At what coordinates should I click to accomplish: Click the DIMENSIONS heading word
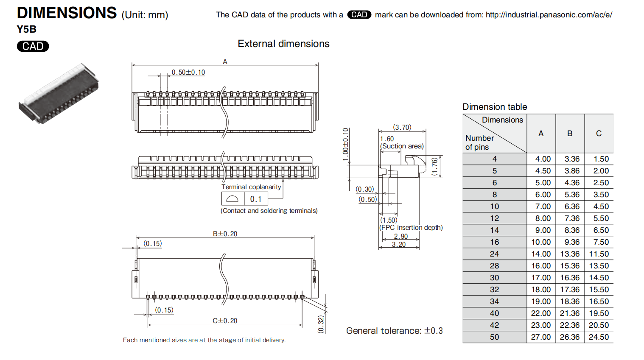pos(67,13)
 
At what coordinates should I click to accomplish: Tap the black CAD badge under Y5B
pos(33,46)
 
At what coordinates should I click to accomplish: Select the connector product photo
pos(59,94)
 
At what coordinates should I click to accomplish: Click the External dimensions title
pos(283,44)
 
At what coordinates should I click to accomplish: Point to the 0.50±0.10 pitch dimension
pos(188,73)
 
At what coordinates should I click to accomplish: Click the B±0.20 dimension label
pos(225,234)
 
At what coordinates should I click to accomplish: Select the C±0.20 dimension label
pos(225,321)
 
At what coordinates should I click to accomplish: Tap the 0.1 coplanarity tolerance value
pos(256,199)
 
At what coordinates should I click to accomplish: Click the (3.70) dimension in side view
pos(402,127)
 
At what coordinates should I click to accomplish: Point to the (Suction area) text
pos(402,146)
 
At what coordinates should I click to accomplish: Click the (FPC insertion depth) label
pos(411,227)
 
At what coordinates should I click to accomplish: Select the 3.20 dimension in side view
pos(399,244)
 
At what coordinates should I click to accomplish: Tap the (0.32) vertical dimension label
pos(321,324)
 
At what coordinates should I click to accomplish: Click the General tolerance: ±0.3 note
pos(394,331)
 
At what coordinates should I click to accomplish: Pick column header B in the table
pos(570,134)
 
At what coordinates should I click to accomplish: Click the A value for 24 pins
pos(541,254)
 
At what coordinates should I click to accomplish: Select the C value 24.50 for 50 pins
pos(599,337)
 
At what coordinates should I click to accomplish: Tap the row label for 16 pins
pos(495,242)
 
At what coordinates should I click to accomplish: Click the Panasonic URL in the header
pos(549,15)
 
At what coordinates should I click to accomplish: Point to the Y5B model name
pos(27,29)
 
